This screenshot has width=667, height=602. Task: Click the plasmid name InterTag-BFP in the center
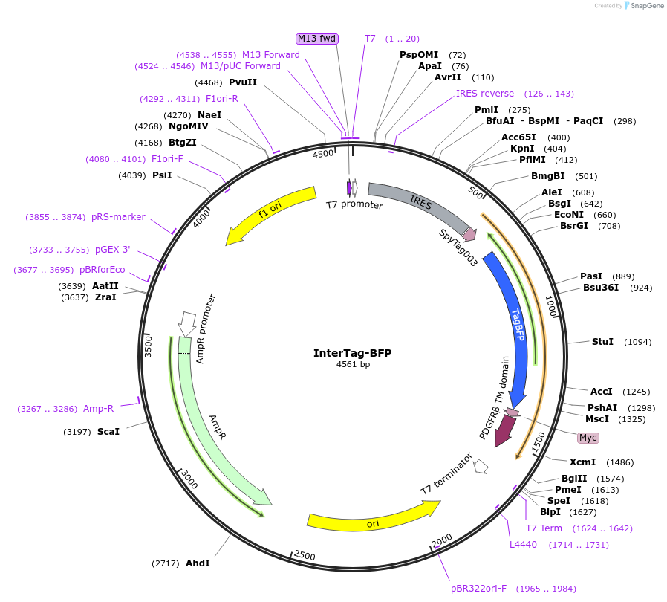coord(352,353)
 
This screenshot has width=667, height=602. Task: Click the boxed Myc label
coord(588,438)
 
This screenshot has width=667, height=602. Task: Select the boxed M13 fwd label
coord(317,39)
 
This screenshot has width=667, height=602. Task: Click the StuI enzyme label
coord(602,341)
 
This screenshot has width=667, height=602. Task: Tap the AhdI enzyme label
coord(198,563)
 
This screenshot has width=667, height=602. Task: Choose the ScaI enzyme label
coord(108,431)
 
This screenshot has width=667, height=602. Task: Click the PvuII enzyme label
coord(243,82)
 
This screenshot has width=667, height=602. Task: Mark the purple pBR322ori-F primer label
coord(478,589)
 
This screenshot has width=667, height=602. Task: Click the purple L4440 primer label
coord(523,545)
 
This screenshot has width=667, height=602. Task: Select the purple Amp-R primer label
coord(98,408)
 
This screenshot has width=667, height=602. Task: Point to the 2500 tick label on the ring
coord(305,555)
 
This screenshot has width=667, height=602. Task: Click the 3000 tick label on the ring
coord(189,480)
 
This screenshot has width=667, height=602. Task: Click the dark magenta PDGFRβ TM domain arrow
coord(506,429)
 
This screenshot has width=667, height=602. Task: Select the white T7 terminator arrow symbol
coord(481,466)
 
